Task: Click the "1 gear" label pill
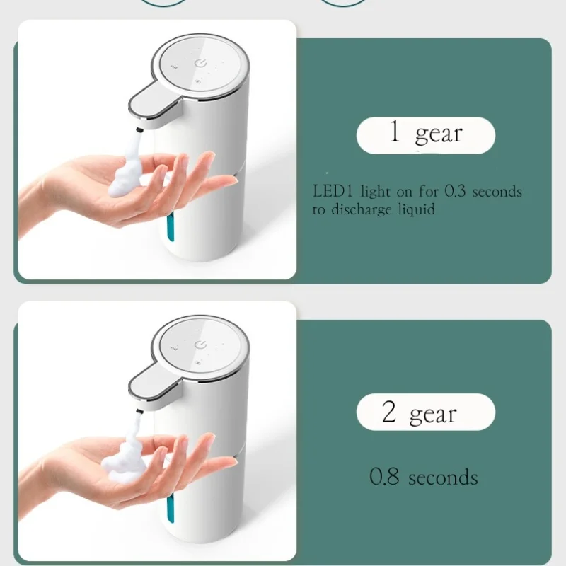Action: pyautogui.click(x=425, y=134)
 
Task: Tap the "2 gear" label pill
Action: pyautogui.click(x=425, y=412)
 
